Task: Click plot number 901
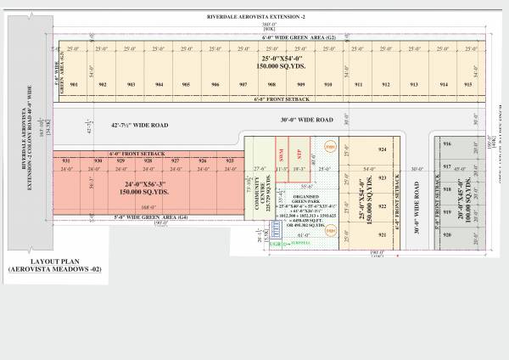[x=75, y=85]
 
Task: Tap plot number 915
[x=467, y=85]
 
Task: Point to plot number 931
[x=65, y=160]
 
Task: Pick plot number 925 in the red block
[x=230, y=160]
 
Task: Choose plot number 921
[x=382, y=234]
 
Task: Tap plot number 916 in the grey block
[x=447, y=145]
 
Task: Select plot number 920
[x=447, y=233]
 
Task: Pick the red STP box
[x=299, y=153]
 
